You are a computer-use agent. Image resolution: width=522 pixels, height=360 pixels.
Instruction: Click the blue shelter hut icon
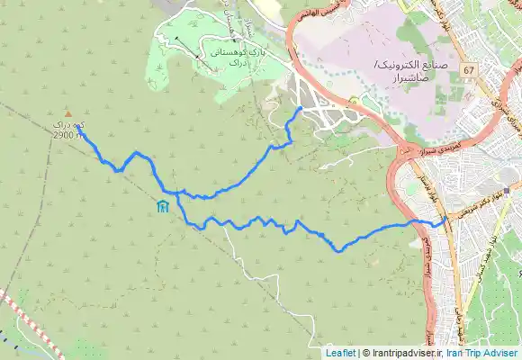(161, 208)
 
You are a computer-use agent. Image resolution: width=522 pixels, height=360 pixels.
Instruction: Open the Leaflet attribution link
(341, 353)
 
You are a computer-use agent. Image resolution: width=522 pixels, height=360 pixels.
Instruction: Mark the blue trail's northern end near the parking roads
(300, 108)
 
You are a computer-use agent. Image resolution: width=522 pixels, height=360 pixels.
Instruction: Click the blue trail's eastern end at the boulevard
(446, 216)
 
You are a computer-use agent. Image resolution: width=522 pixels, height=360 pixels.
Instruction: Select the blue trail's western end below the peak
(78, 130)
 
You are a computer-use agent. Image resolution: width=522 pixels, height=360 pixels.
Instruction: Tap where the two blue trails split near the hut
(177, 193)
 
